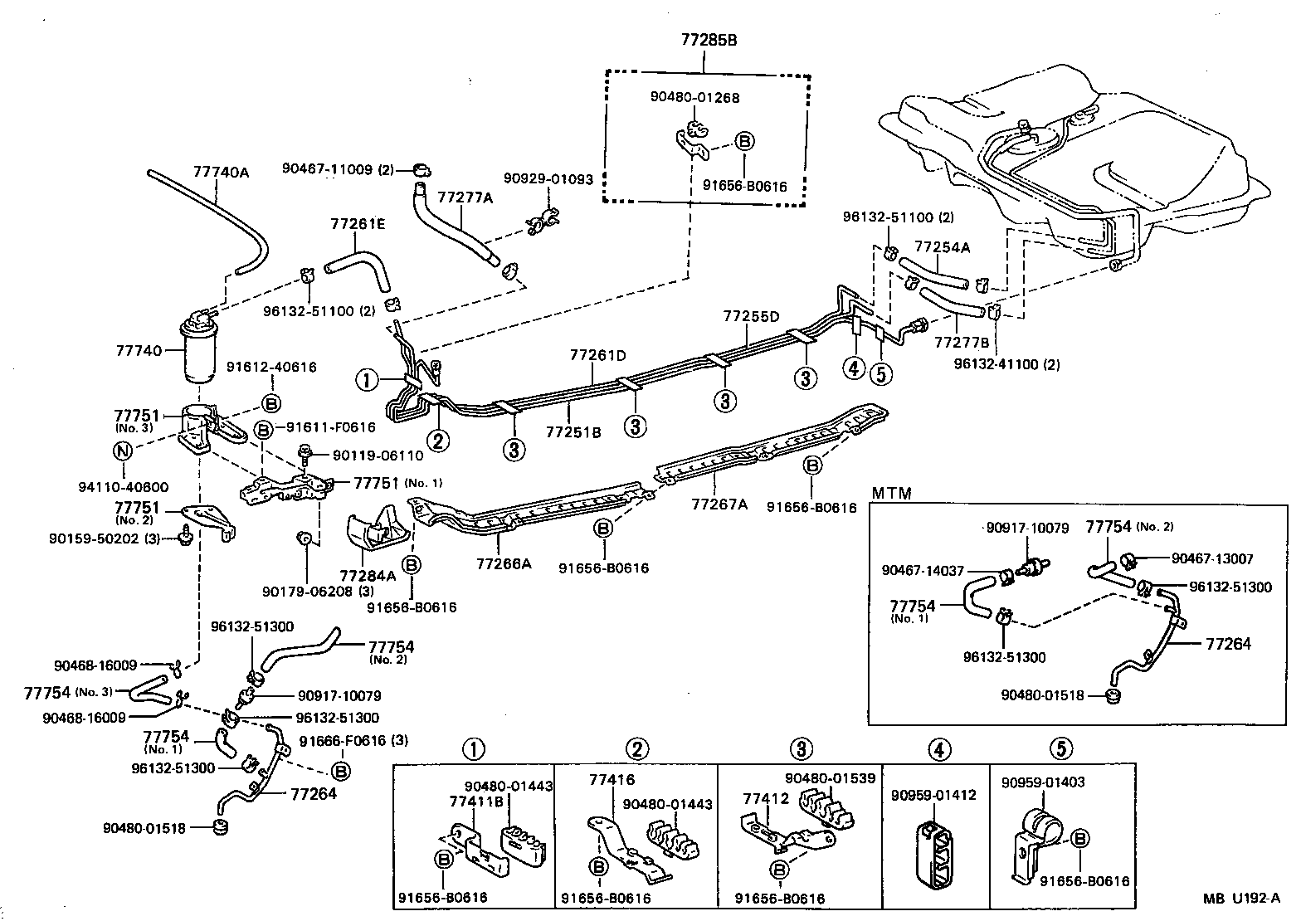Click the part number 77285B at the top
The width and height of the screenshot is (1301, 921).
pyautogui.click(x=704, y=39)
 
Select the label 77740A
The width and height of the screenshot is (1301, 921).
pyautogui.click(x=221, y=173)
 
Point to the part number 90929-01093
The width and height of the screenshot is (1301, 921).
pyautogui.click(x=548, y=179)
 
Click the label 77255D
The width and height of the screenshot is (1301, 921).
pyautogui.click(x=751, y=316)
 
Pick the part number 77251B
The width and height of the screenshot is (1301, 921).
pyautogui.click(x=573, y=432)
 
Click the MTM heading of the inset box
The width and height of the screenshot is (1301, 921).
pyautogui.click(x=891, y=494)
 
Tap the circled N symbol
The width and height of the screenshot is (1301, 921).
pyautogui.click(x=122, y=451)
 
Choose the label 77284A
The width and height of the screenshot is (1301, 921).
pyautogui.click(x=367, y=575)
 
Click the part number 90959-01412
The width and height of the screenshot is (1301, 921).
pyautogui.click(x=933, y=795)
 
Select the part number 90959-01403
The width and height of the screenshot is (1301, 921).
pyautogui.click(x=1042, y=782)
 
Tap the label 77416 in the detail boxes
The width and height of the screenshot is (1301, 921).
pyautogui.click(x=612, y=780)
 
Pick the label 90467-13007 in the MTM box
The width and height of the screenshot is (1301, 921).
pyautogui.click(x=1212, y=559)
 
